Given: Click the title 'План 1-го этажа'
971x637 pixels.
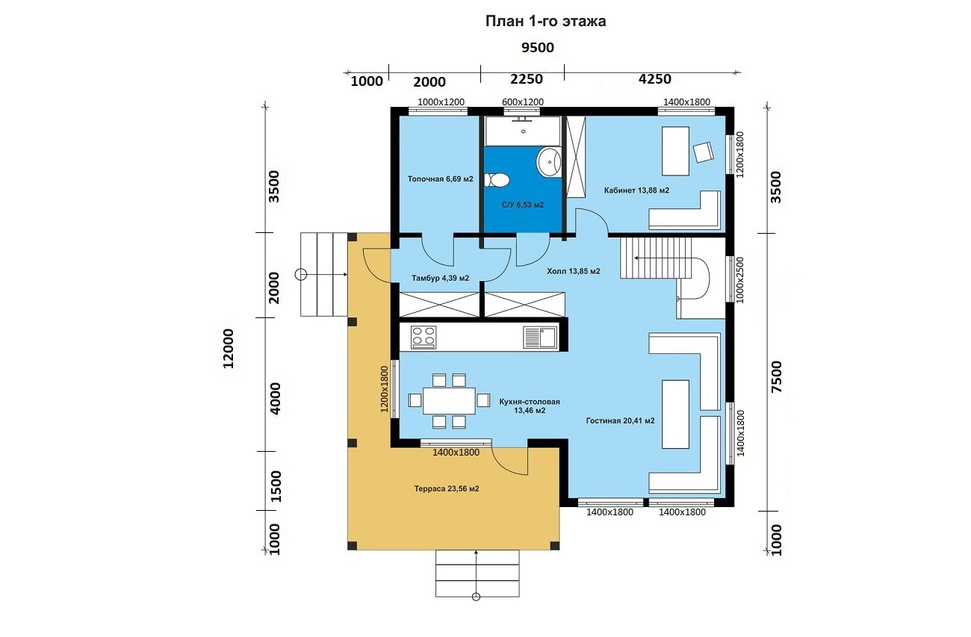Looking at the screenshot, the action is tap(545, 21).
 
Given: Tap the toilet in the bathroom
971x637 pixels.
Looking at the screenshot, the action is tap(496, 180).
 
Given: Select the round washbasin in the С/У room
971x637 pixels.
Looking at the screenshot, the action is tap(549, 162).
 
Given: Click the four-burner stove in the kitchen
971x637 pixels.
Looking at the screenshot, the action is tap(424, 338).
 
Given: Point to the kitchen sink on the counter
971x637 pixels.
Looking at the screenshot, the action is tap(540, 338).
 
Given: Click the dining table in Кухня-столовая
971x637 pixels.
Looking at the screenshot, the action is tap(449, 401).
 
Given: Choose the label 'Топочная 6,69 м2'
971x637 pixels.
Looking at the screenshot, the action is tap(441, 179).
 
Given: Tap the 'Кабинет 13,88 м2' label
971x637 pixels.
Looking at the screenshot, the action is tap(636, 190).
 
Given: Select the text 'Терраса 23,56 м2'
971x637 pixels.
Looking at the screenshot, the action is tap(447, 489).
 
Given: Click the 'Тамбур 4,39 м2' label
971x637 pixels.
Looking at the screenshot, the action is tap(441, 279).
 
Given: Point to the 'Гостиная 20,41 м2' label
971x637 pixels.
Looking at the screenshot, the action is tap(620, 420).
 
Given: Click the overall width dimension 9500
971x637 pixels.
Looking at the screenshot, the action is tap(538, 48).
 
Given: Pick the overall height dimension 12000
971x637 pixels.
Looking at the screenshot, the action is tap(229, 349).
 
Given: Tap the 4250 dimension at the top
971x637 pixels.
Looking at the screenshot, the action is tap(655, 79).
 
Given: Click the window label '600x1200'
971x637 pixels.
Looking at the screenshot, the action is tap(523, 102).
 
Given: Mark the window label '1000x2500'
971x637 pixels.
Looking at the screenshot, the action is tap(740, 280).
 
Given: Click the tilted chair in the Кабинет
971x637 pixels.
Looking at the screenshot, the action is tap(703, 152).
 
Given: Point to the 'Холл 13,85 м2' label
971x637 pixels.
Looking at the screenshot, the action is tap(574, 271).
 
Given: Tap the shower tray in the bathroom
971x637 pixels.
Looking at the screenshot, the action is tap(523, 131).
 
